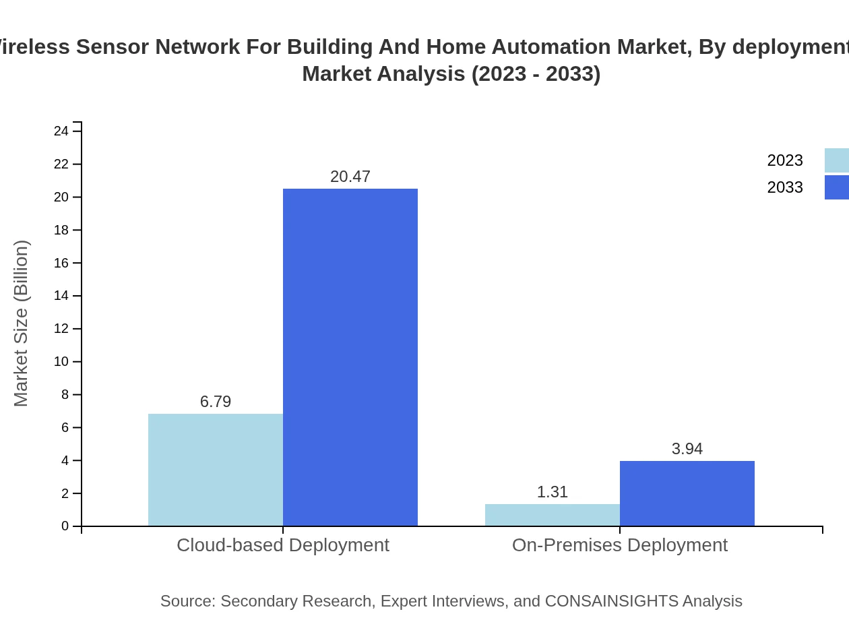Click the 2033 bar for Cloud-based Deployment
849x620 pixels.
(x=350, y=357)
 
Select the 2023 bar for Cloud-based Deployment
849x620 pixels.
(x=216, y=470)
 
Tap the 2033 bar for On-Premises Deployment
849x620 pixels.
(x=687, y=493)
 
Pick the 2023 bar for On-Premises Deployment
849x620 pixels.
(x=553, y=515)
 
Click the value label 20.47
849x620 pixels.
(x=350, y=177)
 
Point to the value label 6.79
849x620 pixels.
(x=216, y=402)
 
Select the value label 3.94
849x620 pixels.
(x=687, y=449)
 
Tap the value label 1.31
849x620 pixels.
(x=553, y=492)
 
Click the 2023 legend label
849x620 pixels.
(x=785, y=160)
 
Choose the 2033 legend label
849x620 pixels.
(x=785, y=187)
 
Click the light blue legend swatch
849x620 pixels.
(x=837, y=160)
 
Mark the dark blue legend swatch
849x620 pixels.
(x=837, y=187)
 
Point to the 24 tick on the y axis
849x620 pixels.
(x=61, y=131)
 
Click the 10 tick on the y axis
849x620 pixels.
(x=61, y=362)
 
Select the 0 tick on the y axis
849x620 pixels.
(x=65, y=526)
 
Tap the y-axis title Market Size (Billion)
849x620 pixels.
(x=21, y=323)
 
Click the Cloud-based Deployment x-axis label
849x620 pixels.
(x=283, y=545)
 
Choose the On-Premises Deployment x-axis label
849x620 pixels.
(x=620, y=545)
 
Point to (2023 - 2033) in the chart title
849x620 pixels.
(x=536, y=73)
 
